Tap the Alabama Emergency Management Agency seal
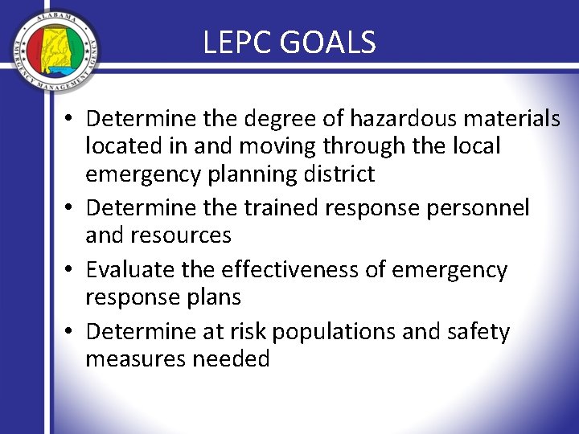tap(56, 52)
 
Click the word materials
tap(508, 119)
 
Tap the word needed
tap(232, 359)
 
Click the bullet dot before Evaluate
tap(72, 271)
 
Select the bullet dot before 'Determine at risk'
tap(72, 333)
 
